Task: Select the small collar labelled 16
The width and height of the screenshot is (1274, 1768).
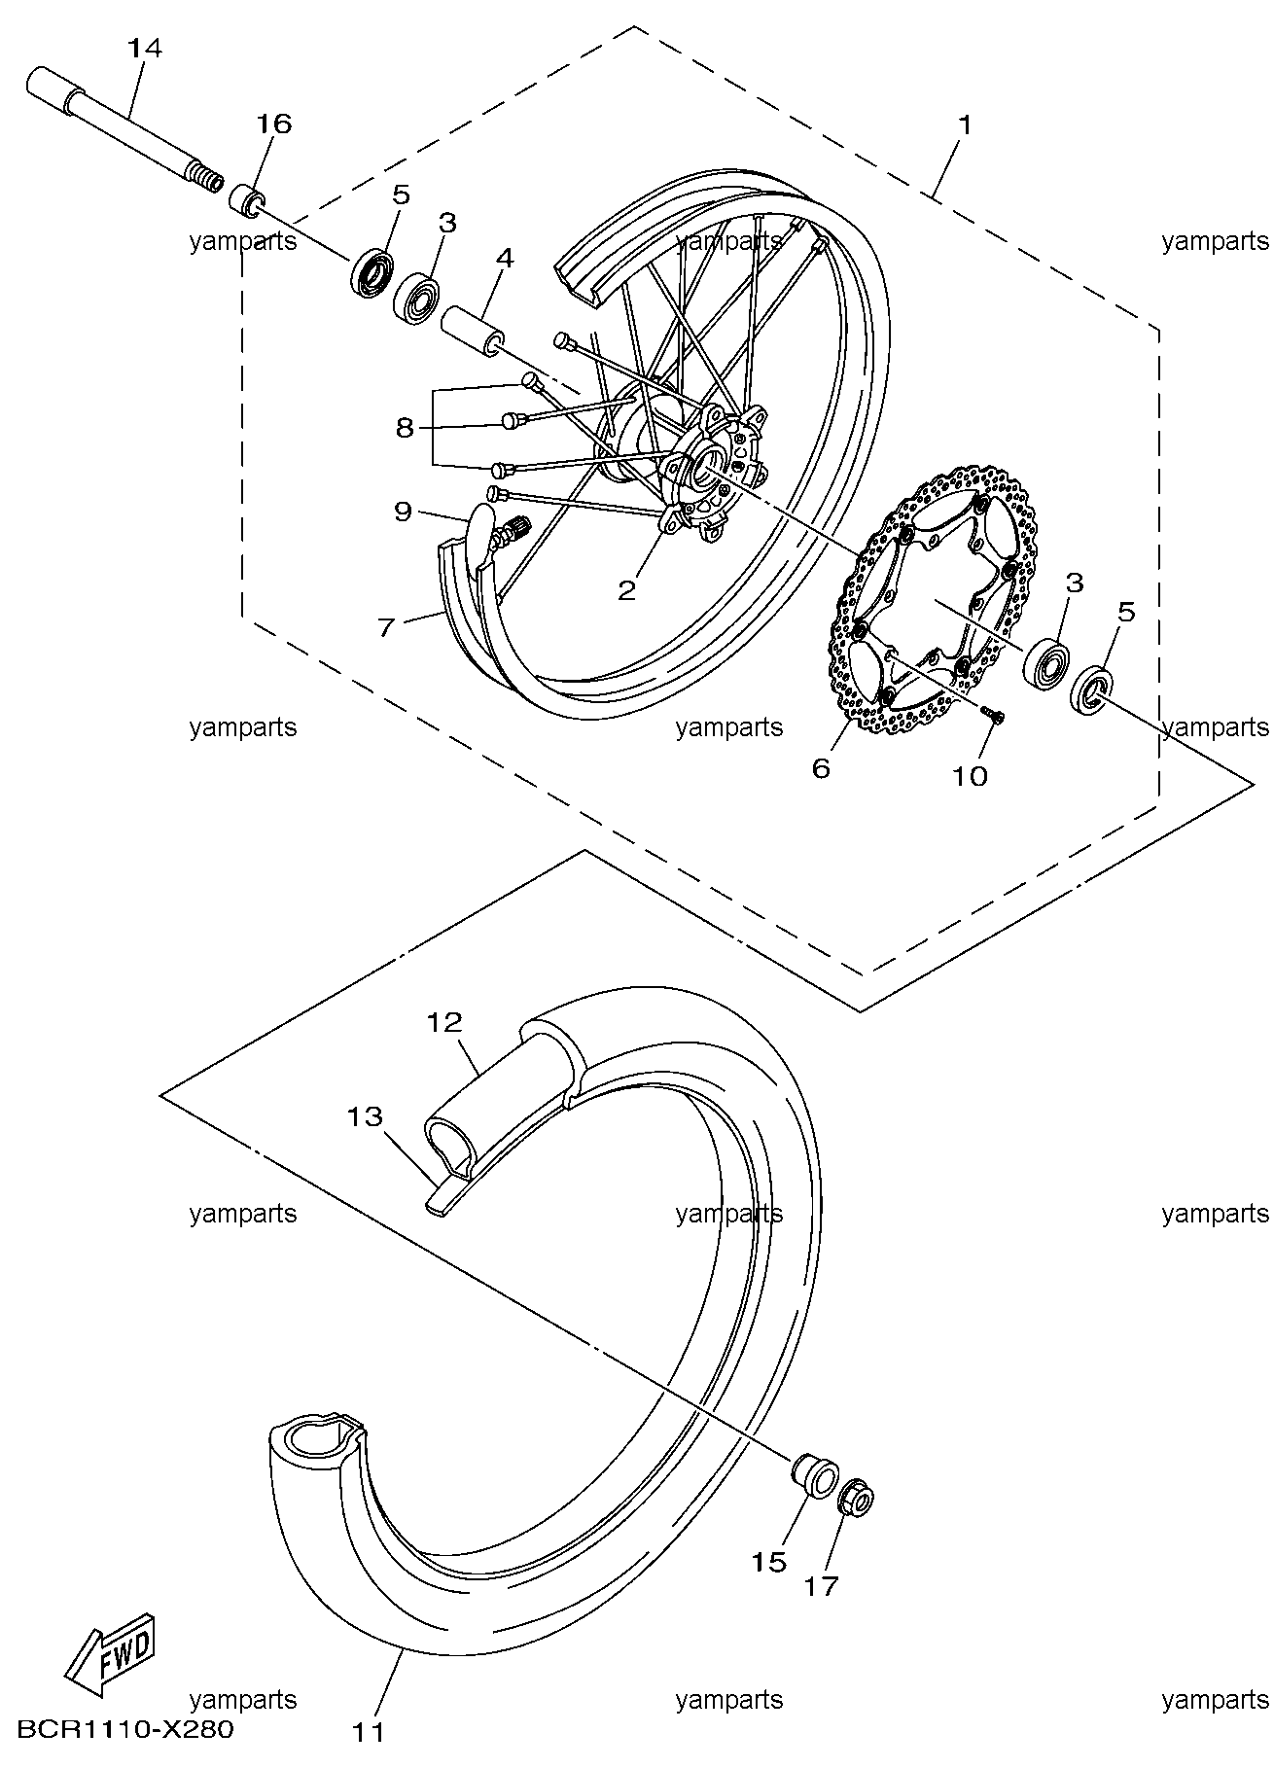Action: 247,201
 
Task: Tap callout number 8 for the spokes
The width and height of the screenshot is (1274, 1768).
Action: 405,427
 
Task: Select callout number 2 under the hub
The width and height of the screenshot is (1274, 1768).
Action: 627,588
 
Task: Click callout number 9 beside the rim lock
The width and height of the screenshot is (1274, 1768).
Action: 403,512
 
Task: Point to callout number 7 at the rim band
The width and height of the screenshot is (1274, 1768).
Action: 386,627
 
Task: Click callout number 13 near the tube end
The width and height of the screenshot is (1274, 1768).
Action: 366,1116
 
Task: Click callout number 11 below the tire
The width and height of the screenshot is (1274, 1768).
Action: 369,1731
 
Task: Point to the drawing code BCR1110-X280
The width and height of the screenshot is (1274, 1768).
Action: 125,1729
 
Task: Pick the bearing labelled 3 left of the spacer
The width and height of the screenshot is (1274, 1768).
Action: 418,297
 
